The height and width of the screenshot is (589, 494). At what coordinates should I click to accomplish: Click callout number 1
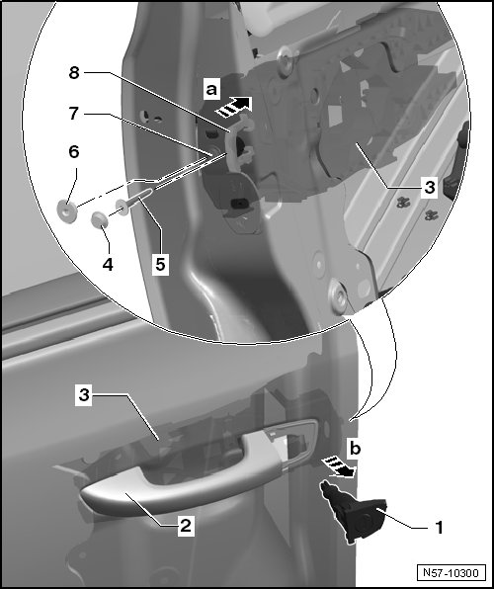click(439, 528)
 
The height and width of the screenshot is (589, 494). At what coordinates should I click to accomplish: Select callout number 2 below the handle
click(186, 526)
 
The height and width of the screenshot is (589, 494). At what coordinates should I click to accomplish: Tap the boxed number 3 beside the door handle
click(84, 395)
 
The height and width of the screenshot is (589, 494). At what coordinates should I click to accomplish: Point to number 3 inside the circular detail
click(429, 187)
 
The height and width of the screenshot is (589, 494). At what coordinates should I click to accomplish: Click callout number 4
click(108, 265)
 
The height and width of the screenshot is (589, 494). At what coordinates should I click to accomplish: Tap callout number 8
click(74, 72)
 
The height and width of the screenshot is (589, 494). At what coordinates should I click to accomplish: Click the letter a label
click(211, 89)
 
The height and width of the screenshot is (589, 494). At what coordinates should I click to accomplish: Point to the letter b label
click(356, 448)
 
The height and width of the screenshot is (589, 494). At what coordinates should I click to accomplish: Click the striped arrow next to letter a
click(233, 107)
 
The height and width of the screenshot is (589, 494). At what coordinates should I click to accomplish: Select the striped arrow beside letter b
click(339, 467)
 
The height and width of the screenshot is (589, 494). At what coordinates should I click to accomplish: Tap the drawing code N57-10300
click(451, 572)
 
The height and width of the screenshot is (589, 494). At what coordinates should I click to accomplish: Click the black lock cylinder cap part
click(352, 513)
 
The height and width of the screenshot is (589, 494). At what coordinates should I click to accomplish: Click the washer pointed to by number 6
click(67, 211)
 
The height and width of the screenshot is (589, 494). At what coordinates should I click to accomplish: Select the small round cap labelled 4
click(100, 220)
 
